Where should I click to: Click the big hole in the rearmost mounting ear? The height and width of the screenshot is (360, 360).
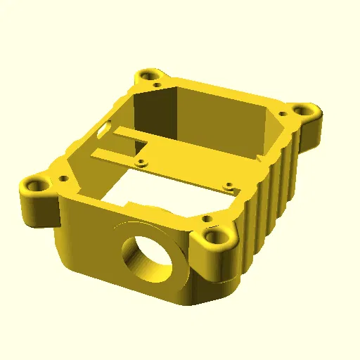[x=148, y=75]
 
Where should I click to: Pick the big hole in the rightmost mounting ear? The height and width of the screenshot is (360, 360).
[x=304, y=110]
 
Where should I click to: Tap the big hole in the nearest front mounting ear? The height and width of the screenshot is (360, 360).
[x=214, y=237]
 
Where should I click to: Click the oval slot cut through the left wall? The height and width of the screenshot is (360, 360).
[x=105, y=129]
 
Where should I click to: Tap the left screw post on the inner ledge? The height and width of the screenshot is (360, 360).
[x=142, y=162]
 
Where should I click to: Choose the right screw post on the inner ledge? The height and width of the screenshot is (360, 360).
[x=228, y=186]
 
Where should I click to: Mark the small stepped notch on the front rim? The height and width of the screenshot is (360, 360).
[x=134, y=204]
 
